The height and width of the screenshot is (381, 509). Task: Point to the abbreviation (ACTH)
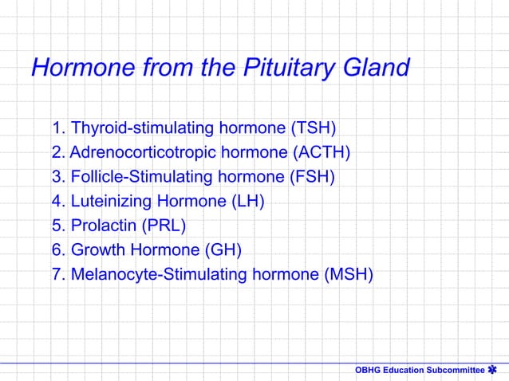pyautogui.click(x=322, y=153)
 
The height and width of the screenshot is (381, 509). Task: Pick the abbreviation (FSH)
pyautogui.click(x=311, y=177)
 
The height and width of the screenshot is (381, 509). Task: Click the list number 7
pyautogui.click(x=57, y=275)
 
